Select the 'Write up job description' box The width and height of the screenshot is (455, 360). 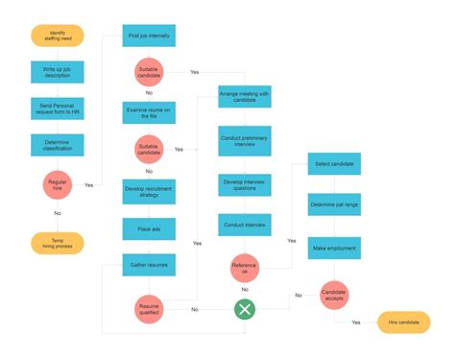[x=58, y=73]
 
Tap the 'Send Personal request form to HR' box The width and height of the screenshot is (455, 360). [x=58, y=108]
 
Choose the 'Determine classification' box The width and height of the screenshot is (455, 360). [x=58, y=145]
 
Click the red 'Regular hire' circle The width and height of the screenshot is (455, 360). [x=58, y=184]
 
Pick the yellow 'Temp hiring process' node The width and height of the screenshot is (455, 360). [x=58, y=243]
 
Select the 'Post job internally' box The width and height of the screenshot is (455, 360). [x=149, y=36]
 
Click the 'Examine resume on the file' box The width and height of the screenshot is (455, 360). [x=149, y=112]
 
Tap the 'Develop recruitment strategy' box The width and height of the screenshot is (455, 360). [x=149, y=191]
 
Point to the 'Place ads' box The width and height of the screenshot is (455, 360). [x=149, y=228]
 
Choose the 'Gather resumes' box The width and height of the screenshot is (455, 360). [x=149, y=264]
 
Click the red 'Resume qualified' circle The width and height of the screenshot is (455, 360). [x=149, y=309]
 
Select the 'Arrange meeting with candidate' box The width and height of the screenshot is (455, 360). [x=245, y=97]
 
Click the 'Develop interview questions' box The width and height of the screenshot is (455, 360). [x=245, y=183]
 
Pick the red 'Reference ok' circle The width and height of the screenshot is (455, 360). [x=245, y=267]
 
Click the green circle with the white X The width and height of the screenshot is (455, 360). [x=245, y=309]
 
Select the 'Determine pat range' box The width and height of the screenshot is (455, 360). [x=333, y=205]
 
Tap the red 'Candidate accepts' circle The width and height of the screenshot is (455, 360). [x=333, y=295]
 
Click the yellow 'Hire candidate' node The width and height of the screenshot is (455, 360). [x=403, y=324]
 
